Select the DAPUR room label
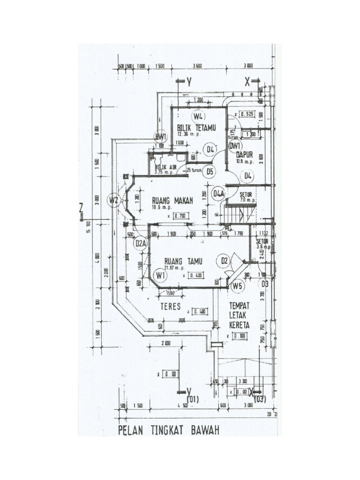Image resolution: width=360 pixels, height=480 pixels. (x=245, y=154)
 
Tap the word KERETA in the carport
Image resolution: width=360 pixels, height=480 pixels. (x=239, y=325)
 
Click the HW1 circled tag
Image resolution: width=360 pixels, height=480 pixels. (x=161, y=136)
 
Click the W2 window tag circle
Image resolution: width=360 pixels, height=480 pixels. (x=113, y=201)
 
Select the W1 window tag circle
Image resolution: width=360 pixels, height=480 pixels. (x=161, y=275)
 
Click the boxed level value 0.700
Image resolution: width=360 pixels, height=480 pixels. (x=180, y=216)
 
